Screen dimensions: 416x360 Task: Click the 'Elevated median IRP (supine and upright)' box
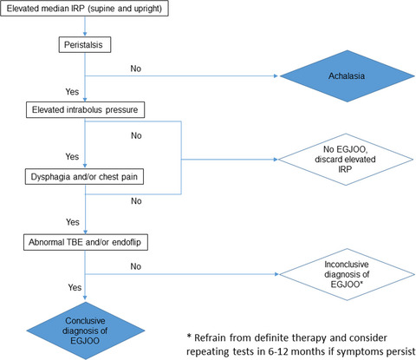pos(84,9)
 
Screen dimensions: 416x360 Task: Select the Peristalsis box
pos(85,44)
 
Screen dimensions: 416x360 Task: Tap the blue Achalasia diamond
pos(348,76)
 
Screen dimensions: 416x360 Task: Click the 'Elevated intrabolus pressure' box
pos(85,109)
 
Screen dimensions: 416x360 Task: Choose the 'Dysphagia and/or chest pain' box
pos(84,177)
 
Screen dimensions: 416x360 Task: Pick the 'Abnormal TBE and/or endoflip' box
pos(86,242)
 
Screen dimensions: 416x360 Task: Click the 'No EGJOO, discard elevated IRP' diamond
pos(346,160)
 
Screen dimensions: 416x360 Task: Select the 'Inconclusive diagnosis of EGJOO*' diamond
pos(347,274)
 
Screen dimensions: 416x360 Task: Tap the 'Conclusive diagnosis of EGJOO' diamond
pos(86,331)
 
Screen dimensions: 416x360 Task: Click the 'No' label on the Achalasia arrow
pos(136,69)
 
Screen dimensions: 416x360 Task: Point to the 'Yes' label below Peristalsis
pos(72,92)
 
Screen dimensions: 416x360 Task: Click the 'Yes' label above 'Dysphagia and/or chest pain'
pos(72,156)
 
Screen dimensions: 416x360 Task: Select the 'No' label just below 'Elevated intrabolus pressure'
pos(136,135)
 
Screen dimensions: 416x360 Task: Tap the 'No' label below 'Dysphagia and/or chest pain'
pos(136,201)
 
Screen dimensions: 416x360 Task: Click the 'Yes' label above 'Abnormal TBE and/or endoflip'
pos(73,222)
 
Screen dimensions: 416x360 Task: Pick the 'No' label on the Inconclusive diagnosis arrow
pos(136,266)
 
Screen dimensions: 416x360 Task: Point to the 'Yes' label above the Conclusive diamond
pos(75,287)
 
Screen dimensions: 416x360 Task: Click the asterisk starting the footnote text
pos(189,337)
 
